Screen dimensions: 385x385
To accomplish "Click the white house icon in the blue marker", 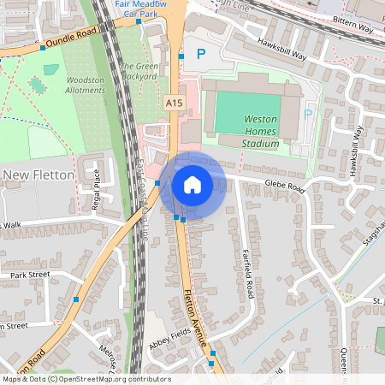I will (x=192, y=185).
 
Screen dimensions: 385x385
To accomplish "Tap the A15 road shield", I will (x=174, y=102).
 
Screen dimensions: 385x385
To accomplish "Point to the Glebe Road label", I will (x=285, y=186).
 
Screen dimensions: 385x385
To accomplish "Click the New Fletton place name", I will (x=39, y=175).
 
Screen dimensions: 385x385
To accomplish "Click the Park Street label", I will (x=30, y=275).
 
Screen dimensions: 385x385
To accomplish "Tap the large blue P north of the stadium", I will (x=202, y=54).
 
